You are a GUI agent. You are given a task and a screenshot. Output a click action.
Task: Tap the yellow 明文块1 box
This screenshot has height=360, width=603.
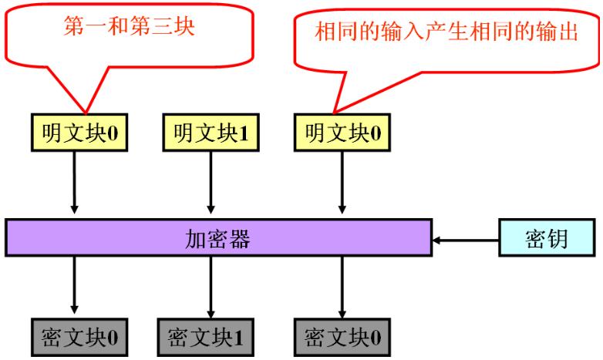coord(208,134)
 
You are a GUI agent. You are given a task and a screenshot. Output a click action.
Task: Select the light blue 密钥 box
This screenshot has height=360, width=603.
coord(537,239)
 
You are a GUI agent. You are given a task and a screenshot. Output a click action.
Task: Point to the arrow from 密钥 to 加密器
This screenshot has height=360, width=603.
coord(466,240)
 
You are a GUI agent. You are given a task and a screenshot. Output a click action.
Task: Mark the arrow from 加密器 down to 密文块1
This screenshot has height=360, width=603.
coord(208,285)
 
